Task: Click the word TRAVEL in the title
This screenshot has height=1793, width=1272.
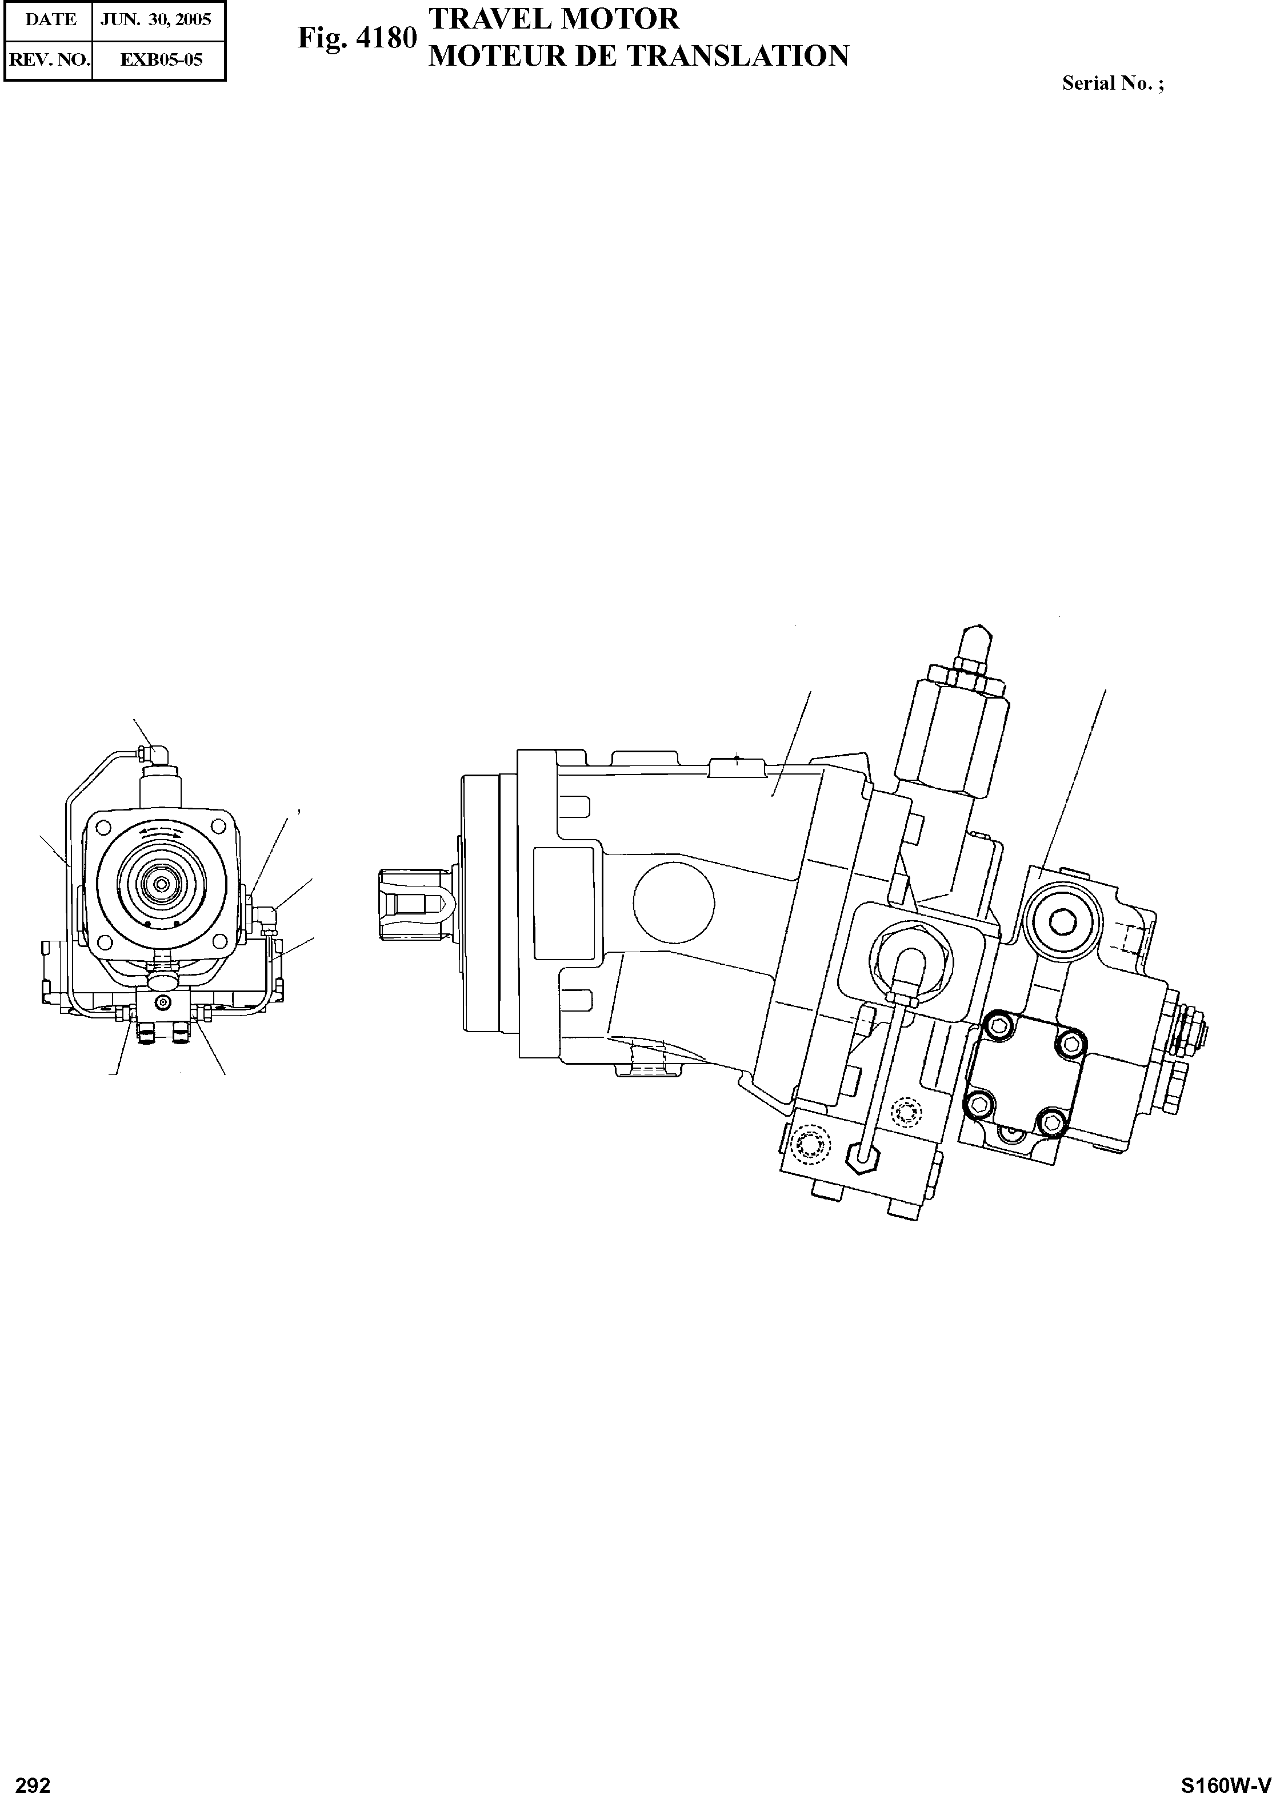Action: point(486,19)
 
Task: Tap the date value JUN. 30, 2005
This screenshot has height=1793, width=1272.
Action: point(156,19)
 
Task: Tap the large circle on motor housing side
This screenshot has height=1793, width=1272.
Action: point(674,904)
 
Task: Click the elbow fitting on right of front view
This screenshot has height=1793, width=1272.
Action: point(266,917)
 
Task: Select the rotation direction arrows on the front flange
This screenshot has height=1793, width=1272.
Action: point(161,835)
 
